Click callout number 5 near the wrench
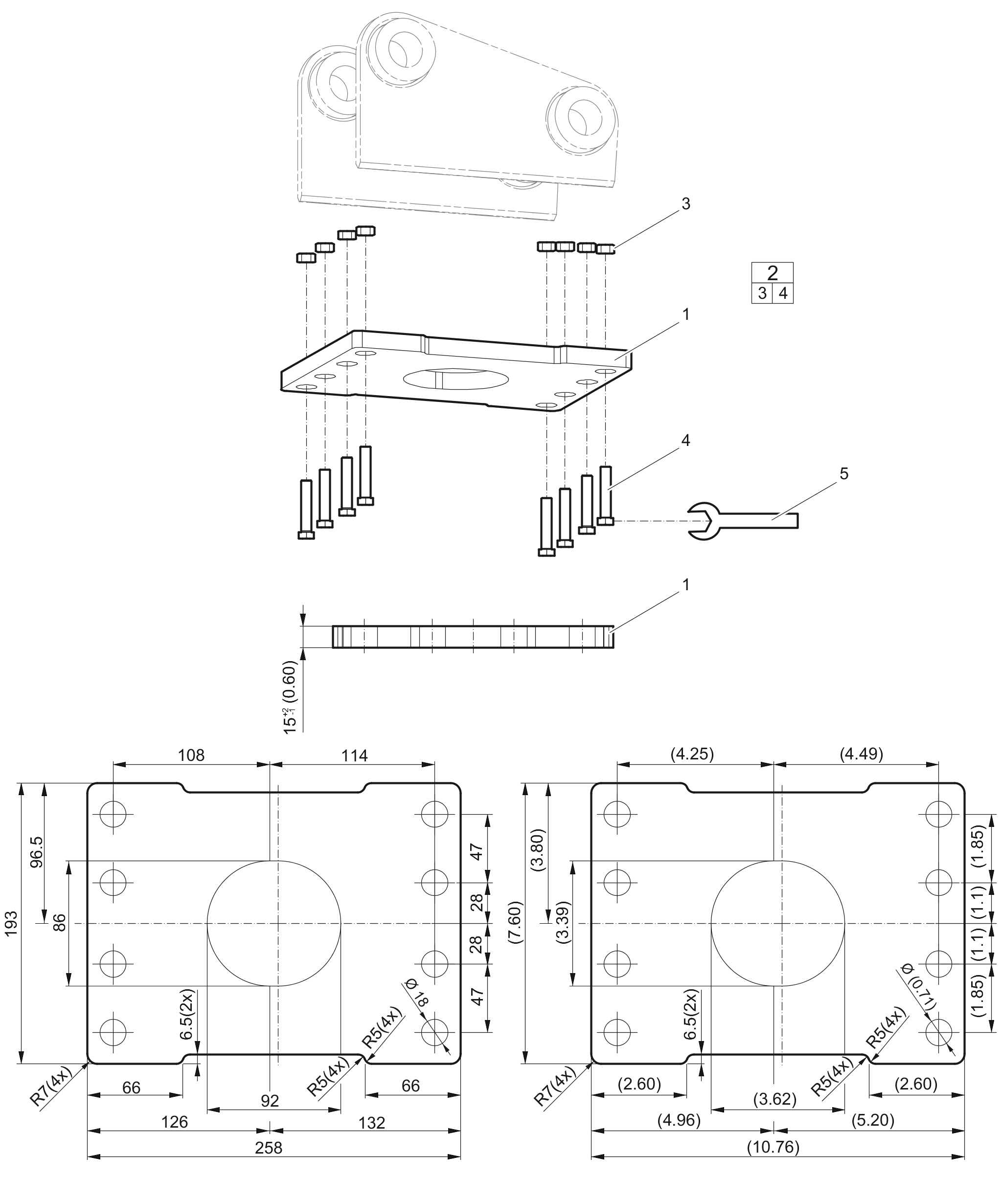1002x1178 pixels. [843, 473]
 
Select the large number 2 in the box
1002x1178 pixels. [772, 273]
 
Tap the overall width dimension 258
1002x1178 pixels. [269, 1147]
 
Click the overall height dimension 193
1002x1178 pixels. [11, 923]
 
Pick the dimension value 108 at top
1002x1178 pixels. [191, 755]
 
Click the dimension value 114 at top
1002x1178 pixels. [354, 756]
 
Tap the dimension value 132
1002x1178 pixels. [372, 1122]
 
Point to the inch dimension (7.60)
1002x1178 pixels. [515, 923]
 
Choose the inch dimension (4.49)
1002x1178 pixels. [861, 754]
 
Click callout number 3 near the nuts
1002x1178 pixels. [685, 204]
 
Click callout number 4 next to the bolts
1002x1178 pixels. [685, 440]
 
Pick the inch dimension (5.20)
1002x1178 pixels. [873, 1120]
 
